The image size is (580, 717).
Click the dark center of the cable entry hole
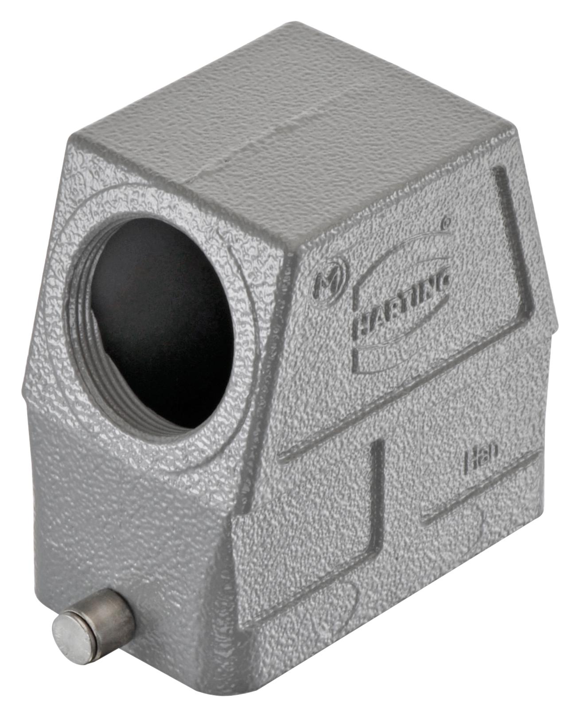164,319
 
